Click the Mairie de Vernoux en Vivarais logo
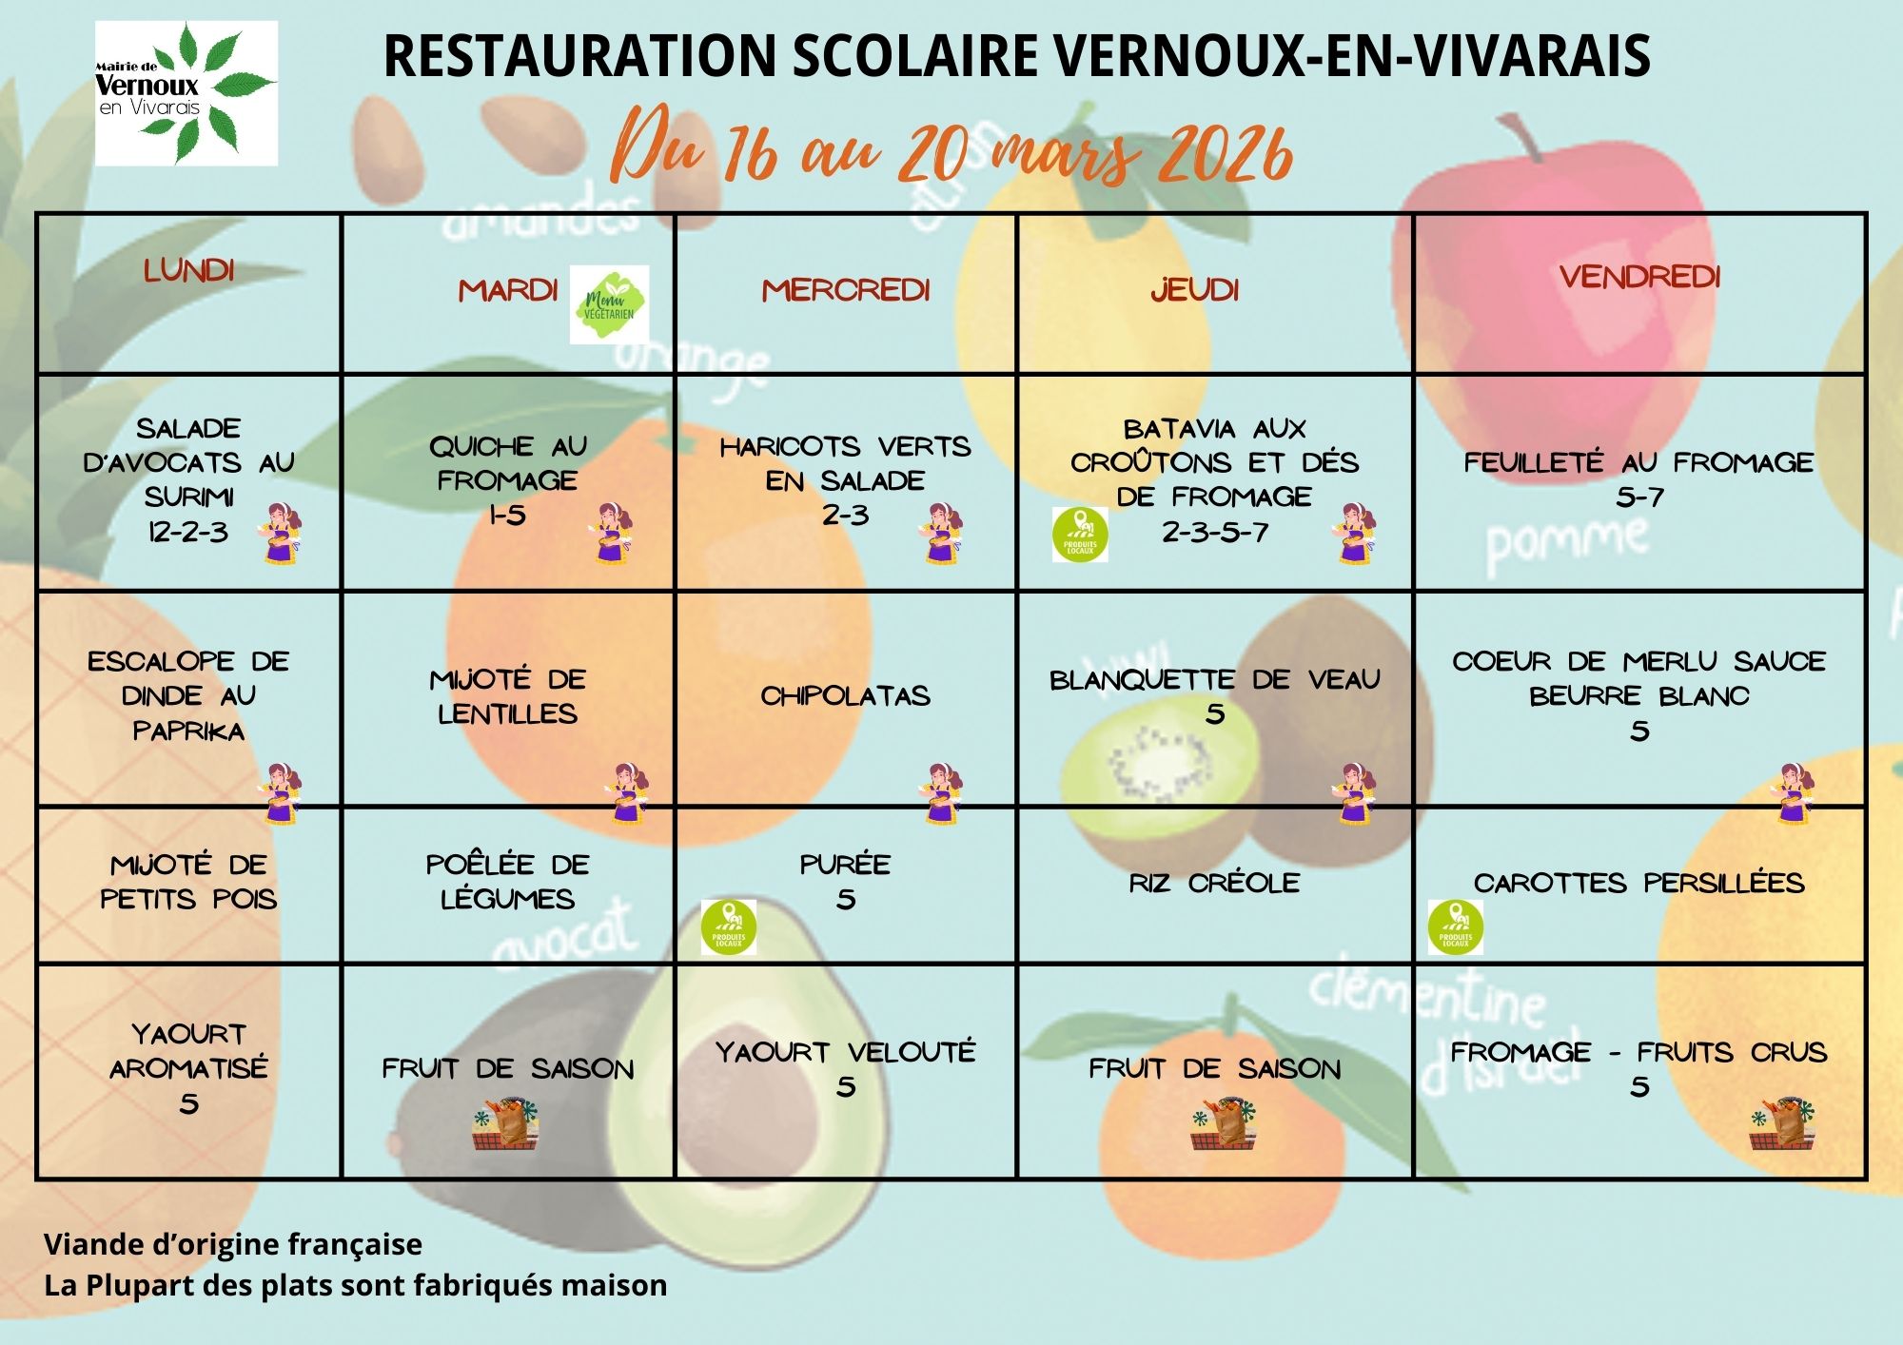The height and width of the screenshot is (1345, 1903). [x=186, y=93]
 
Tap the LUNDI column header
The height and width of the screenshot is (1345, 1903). [x=188, y=271]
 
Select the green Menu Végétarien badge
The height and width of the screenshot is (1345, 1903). [x=609, y=304]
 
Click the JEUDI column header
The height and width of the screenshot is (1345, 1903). [x=1195, y=290]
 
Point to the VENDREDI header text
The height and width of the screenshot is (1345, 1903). [x=1639, y=277]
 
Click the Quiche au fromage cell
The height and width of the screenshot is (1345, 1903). [x=507, y=479]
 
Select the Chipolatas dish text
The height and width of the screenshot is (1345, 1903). [x=845, y=696]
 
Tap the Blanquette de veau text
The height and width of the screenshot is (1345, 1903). [x=1214, y=680]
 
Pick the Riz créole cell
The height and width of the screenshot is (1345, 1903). [x=1214, y=883]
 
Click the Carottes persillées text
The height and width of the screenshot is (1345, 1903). [x=1638, y=883]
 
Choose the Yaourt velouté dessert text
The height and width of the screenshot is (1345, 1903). [x=845, y=1052]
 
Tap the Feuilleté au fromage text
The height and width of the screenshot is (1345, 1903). [x=1638, y=462]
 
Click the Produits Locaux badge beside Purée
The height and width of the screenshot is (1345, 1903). [x=729, y=926]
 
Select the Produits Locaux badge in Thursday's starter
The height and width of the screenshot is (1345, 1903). [x=1080, y=535]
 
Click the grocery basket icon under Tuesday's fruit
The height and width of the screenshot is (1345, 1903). [x=505, y=1124]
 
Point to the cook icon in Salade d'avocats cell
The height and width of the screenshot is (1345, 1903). [x=281, y=535]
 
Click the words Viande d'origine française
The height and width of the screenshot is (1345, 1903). [x=233, y=1244]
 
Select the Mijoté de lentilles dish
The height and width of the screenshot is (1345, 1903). [x=507, y=696]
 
